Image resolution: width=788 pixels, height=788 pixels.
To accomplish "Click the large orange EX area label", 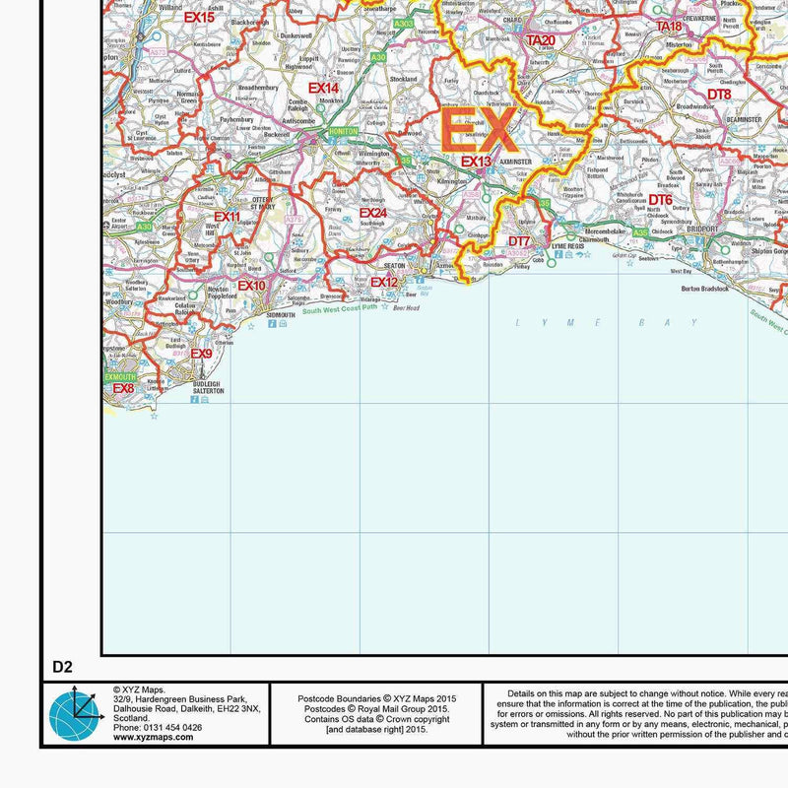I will coord(478,129).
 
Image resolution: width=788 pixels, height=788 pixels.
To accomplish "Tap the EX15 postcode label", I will coord(198,18).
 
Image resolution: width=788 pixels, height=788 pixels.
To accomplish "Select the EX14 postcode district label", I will coord(323,89).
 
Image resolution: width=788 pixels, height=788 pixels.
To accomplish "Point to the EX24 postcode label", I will coord(372,213).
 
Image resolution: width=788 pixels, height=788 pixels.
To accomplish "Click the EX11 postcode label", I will coord(227,217).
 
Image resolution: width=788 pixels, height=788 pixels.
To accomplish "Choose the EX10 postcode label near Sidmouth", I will coord(251,287).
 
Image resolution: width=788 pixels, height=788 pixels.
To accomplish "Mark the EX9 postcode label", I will coord(201,355).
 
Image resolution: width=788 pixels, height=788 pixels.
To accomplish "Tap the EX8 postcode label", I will coord(123,389).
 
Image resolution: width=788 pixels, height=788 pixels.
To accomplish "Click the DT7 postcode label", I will coord(519,241).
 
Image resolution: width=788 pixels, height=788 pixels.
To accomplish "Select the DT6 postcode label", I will coord(660,201).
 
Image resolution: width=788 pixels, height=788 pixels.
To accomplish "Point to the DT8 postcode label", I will coord(719,95).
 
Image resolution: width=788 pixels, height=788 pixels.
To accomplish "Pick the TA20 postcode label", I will coord(540,40).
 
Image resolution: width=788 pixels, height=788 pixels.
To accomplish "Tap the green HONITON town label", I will coord(343,131).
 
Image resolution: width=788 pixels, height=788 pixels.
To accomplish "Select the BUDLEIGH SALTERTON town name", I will coord(201,387).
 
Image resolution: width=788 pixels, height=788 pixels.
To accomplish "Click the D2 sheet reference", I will coord(63,667).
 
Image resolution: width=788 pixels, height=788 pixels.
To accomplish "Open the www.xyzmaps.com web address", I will coord(158,736).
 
